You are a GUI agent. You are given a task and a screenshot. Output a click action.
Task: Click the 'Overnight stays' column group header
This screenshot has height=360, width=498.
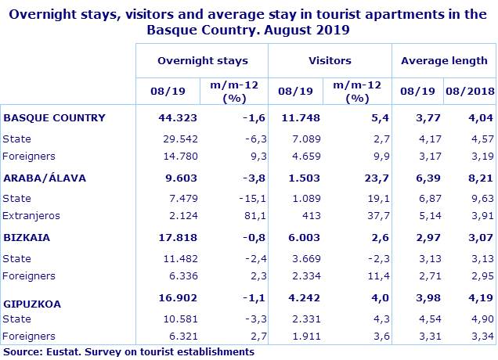202,60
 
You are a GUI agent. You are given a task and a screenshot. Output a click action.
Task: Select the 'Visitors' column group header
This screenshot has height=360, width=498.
330,60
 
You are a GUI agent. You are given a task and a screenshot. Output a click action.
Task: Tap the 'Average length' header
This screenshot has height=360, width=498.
444,60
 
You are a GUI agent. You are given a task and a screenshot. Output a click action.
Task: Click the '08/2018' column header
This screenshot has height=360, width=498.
471,91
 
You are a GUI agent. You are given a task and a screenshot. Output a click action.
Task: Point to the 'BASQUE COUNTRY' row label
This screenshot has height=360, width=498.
54,118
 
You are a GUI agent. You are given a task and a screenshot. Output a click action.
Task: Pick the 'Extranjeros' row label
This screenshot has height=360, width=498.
31,215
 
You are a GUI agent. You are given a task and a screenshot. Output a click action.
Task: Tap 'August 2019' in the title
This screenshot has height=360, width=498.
298,30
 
